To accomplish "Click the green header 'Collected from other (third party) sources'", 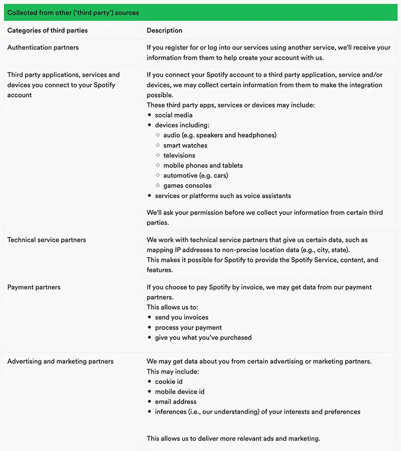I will (73, 12).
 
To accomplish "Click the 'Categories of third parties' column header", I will (47, 30).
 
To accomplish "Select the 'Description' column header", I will (164, 30).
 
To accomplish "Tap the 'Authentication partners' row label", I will (43, 48).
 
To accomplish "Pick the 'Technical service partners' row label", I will (47, 240).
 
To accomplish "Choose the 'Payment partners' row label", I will (34, 287).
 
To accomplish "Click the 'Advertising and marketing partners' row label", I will (60, 361).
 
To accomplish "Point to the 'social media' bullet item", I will (173, 115).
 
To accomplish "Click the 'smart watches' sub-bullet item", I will (185, 145).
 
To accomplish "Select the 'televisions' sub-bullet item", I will (179, 155).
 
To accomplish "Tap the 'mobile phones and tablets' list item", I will (203, 165).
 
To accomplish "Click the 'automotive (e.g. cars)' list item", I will (196, 175).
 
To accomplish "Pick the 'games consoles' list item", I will (187, 185).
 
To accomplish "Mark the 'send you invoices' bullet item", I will (182, 317).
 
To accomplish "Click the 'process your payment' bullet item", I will (188, 327).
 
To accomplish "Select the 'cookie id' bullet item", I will (169, 382).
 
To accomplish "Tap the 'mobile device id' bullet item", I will (179, 391).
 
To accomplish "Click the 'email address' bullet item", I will (176, 402).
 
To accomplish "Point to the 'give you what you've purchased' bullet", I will (203, 337).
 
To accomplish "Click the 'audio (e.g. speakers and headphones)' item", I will (219, 135).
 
